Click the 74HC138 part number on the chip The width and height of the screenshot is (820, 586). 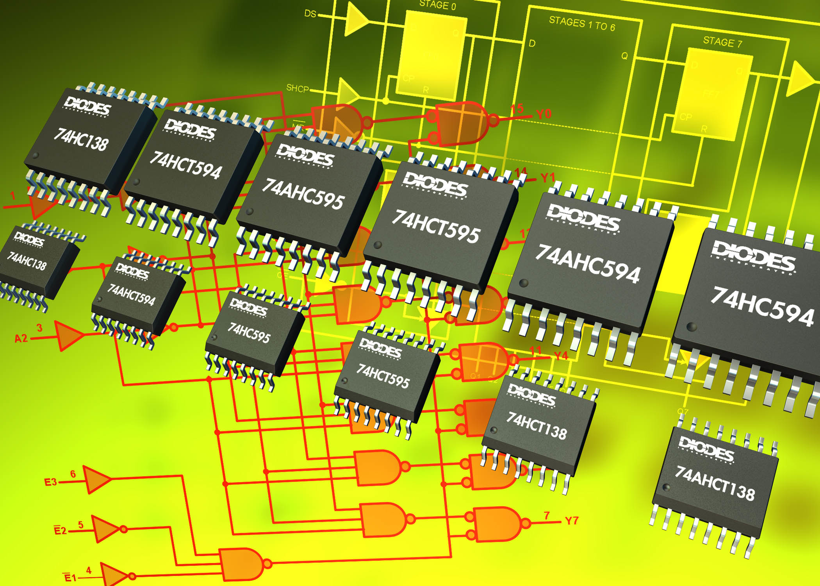point(81,140)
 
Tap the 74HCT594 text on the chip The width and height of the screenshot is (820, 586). point(186,165)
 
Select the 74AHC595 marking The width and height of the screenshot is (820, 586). point(303,194)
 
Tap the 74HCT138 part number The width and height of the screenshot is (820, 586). point(537,425)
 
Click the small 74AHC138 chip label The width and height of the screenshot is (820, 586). point(27,261)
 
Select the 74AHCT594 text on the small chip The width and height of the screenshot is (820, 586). point(131,294)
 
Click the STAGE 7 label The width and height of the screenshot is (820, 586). point(723,42)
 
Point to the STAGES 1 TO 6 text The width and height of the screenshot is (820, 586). point(582,24)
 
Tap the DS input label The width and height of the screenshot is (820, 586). point(310,14)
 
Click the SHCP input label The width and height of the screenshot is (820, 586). point(298,88)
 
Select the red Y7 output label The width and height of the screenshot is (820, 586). point(571,521)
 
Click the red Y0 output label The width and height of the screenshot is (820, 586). point(544,114)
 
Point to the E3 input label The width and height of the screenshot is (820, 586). point(50,482)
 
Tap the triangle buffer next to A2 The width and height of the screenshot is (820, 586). point(68,336)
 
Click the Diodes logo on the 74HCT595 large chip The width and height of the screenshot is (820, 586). point(435,186)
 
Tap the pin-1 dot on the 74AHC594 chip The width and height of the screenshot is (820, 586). point(524,283)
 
